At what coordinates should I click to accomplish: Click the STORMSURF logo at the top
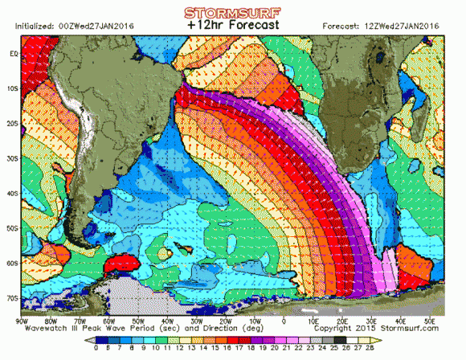[232, 13]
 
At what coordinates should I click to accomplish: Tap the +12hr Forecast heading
[232, 25]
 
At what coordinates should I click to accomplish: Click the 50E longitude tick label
[429, 321]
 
